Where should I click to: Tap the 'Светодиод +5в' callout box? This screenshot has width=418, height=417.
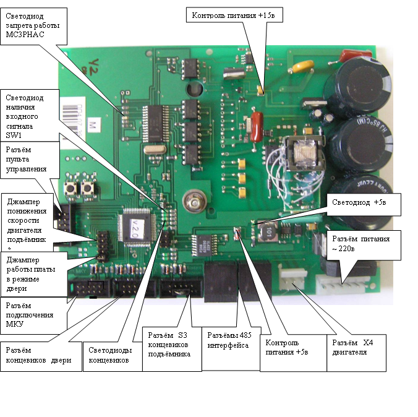pyautogui.click(x=365, y=202)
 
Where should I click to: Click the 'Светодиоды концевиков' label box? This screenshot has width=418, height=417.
pyautogui.click(x=113, y=354)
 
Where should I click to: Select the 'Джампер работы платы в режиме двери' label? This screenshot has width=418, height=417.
pyautogui.click(x=31, y=272)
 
